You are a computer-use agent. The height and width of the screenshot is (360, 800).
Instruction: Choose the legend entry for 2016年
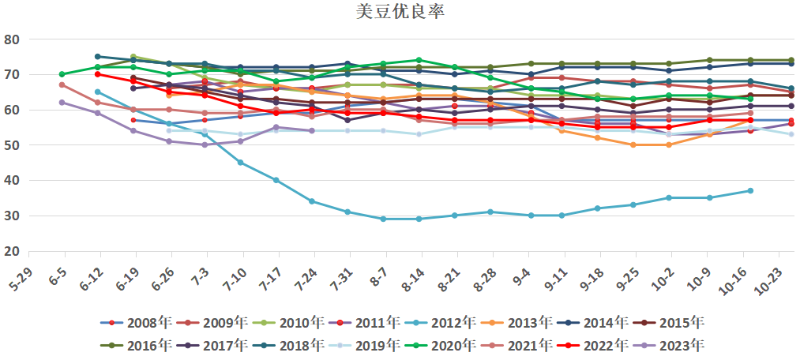pos(140,344)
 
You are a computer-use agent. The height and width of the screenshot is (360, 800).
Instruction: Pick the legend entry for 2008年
pos(140,322)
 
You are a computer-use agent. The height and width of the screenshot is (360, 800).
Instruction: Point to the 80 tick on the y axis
pos(13,39)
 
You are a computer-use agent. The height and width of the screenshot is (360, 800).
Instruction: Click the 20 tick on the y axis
pos(13,251)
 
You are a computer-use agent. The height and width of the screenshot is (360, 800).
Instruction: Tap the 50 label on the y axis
pos(13,145)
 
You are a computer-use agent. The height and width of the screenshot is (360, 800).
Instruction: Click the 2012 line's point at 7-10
pos(240,163)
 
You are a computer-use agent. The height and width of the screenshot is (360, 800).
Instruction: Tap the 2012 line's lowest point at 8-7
pos(383,219)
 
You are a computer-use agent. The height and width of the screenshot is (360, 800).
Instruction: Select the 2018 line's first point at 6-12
pos(97,57)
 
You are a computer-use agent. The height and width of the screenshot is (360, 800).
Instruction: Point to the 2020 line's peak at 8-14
pos(419,60)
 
